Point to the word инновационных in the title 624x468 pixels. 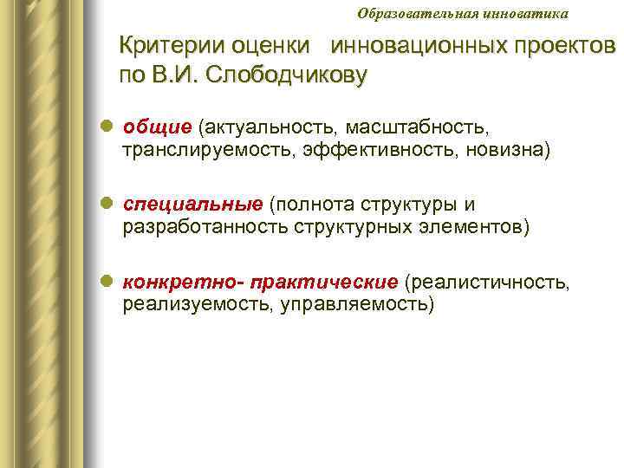415,45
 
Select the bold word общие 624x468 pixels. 157,128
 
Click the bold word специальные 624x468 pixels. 192,205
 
